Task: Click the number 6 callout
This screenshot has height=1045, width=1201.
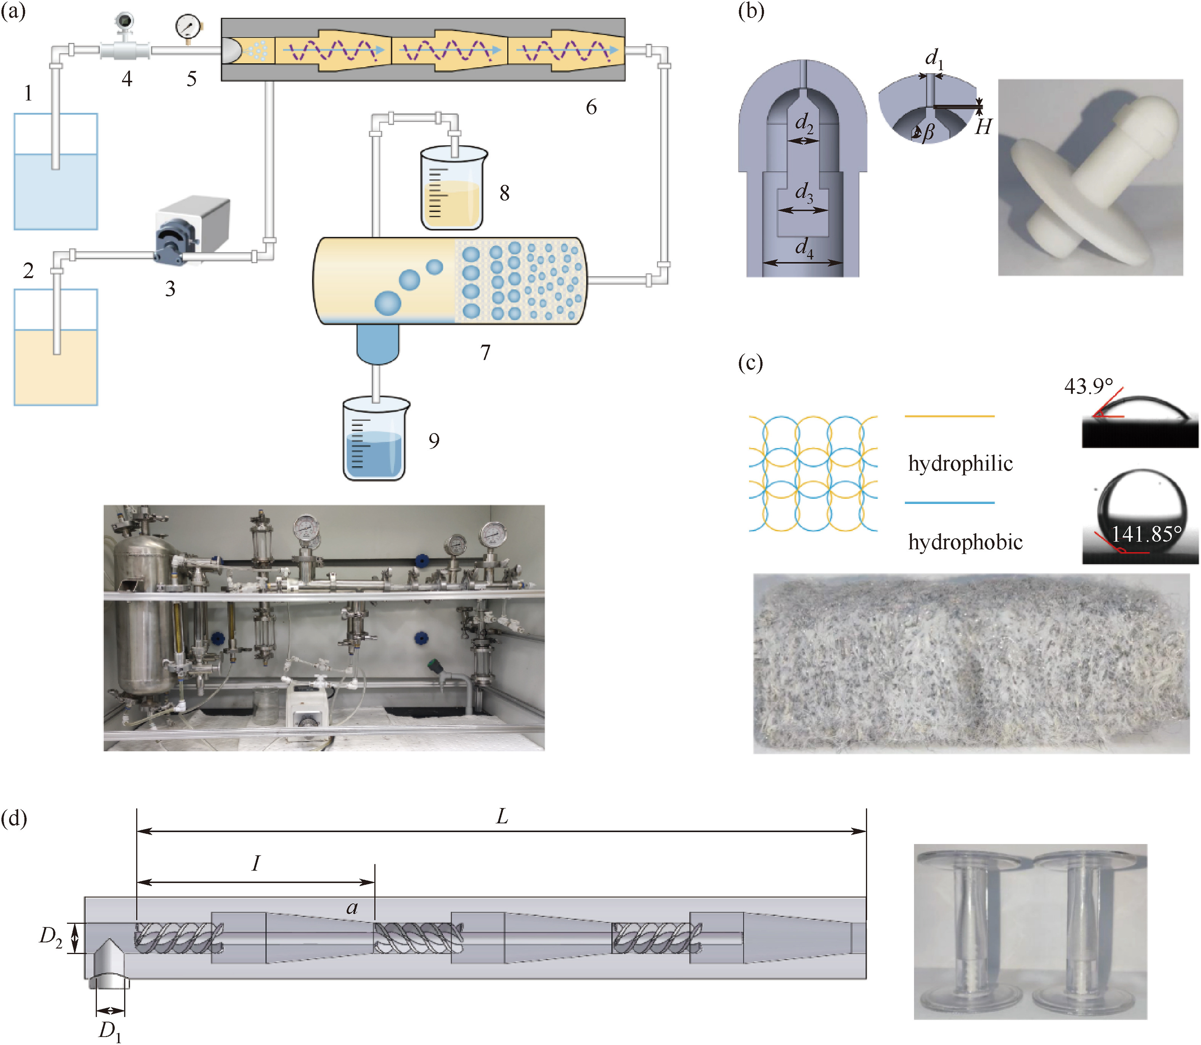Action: [x=591, y=107]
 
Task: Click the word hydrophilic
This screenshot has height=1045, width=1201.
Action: [x=960, y=463]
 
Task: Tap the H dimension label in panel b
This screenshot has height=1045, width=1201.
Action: [x=983, y=127]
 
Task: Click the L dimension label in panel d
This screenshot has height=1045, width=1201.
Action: [x=502, y=816]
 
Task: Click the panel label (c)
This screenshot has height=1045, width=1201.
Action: [x=750, y=363]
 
